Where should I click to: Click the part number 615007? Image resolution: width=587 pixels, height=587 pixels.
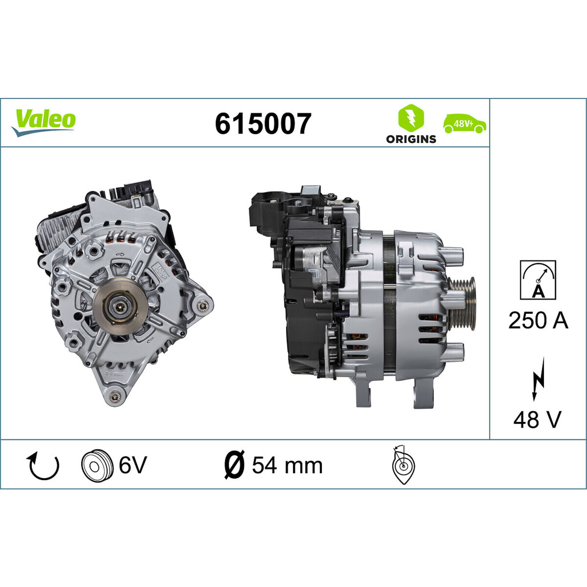pos(263,124)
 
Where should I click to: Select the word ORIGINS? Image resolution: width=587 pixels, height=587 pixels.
pos(411,139)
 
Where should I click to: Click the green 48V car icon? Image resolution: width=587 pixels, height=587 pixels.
pos(464,124)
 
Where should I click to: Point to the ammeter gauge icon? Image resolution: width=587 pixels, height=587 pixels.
pos(538,280)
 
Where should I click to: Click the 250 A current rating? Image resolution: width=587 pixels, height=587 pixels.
pos(538,320)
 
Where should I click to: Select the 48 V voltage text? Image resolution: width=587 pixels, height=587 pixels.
pos(537,419)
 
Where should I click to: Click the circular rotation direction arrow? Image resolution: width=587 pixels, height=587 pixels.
pos(43,466)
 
